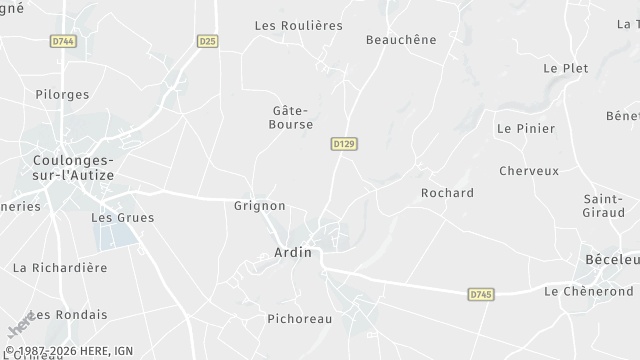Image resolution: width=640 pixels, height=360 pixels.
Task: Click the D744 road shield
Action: [x=63, y=41]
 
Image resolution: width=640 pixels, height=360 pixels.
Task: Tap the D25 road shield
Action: [x=208, y=41]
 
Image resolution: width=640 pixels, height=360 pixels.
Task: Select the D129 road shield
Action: [x=344, y=144]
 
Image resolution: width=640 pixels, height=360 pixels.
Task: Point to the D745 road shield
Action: [x=481, y=293]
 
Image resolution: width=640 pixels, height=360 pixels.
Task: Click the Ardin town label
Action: [x=293, y=253]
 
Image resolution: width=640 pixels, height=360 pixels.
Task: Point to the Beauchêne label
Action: [x=401, y=39]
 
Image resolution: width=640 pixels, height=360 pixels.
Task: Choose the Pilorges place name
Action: [x=62, y=94]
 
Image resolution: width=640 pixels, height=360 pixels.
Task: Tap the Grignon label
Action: [x=259, y=205]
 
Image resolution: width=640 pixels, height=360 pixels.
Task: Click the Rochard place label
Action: [x=447, y=192]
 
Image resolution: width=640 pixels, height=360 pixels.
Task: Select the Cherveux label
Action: [x=528, y=170]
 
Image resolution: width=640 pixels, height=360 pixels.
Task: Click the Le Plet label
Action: [x=565, y=68]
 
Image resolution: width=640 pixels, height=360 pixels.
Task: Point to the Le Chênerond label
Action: [x=588, y=290]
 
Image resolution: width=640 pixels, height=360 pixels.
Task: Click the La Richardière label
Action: [x=59, y=267]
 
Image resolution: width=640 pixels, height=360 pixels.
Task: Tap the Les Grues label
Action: [x=115, y=216]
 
